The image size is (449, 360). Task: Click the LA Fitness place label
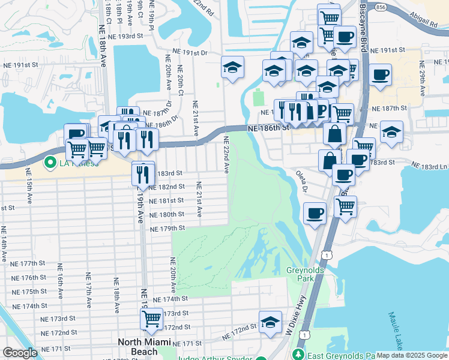coord(77,163)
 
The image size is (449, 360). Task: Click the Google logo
coord(20,353)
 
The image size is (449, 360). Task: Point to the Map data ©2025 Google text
coord(412,355)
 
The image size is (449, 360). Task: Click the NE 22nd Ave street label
coord(227,155)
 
